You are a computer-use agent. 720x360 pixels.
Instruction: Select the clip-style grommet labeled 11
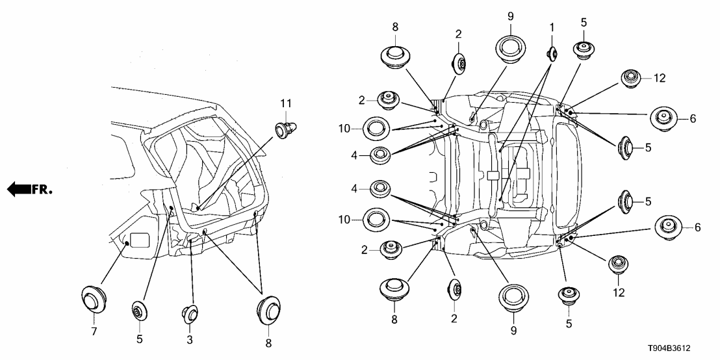285,131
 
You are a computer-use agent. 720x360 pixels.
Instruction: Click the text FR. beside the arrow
43,190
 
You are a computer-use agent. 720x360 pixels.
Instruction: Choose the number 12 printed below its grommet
618,293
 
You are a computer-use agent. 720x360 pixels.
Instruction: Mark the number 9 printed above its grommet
511,14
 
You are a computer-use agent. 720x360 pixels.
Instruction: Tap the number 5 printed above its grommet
584,22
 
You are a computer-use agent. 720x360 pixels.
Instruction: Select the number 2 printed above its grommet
458,34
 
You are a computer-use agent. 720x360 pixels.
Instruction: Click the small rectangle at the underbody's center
493,175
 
